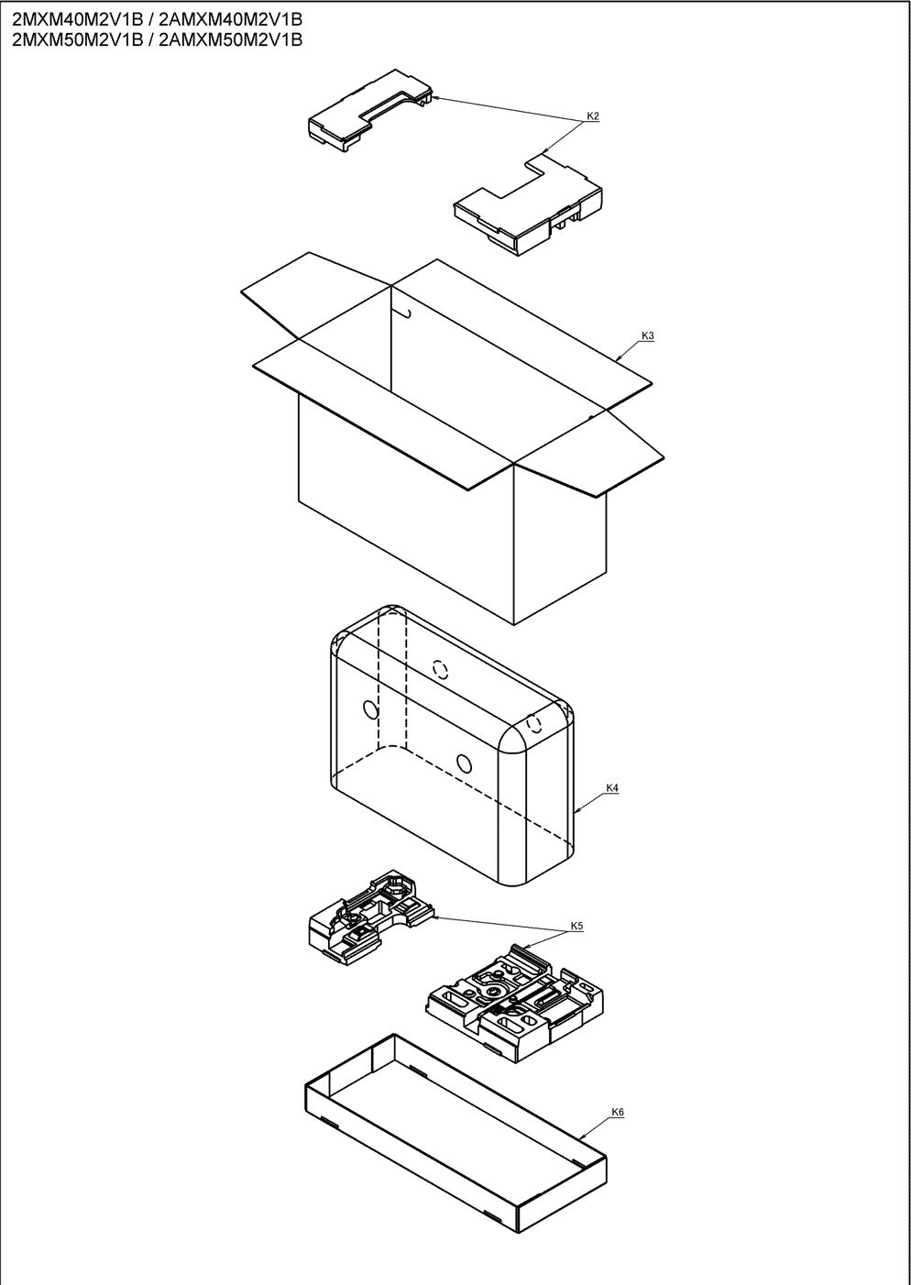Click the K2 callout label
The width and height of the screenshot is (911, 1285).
[x=593, y=116]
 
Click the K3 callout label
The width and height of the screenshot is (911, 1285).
[x=648, y=336]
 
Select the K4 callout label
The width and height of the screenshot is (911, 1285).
[x=613, y=788]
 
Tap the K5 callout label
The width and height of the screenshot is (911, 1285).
[x=577, y=926]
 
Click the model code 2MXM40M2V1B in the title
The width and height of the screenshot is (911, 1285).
[x=77, y=20]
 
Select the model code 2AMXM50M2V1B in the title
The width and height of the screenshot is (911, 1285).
[x=229, y=39]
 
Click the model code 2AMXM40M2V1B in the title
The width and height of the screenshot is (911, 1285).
[x=229, y=20]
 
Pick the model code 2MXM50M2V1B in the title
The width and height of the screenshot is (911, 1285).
[x=77, y=39]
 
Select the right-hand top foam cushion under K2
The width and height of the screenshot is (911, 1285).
[x=528, y=203]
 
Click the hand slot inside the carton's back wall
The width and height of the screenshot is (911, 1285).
[x=404, y=312]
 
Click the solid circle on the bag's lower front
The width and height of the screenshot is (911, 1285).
[x=464, y=763]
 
